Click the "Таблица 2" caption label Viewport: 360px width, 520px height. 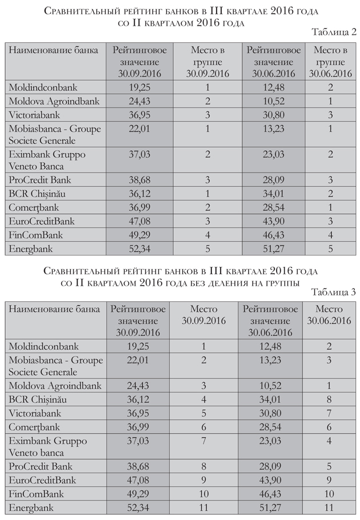coord(334,31)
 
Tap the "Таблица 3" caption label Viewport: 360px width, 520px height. coord(334,292)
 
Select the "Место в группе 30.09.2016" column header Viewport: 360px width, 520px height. coord(203,62)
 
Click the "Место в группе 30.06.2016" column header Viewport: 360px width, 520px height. coord(330,62)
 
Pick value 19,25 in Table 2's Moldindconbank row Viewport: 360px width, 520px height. coord(139,87)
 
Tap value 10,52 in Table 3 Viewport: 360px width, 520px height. coord(270,386)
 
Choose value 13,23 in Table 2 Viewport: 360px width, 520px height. coord(271,129)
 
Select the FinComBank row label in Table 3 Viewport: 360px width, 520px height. coord(34,494)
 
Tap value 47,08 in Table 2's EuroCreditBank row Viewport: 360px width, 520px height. coord(139,221)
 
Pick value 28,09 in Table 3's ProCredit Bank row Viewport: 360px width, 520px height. coord(270,467)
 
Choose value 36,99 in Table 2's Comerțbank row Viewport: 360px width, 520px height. coord(139,207)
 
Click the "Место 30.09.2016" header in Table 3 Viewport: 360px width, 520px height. coord(203,315)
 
